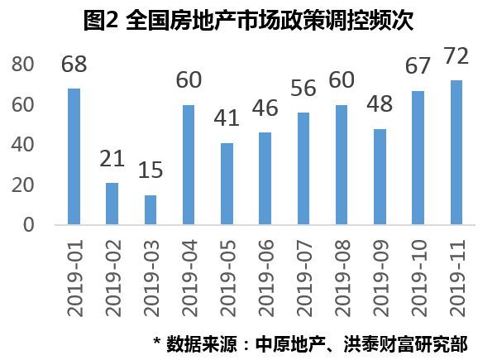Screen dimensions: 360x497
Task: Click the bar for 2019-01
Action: pos(74,156)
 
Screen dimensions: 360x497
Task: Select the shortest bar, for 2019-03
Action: pos(151,209)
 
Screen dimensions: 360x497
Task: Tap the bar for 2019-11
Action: pos(456,152)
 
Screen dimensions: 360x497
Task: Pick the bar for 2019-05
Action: pos(227,184)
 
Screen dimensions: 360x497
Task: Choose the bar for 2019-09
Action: pos(380,176)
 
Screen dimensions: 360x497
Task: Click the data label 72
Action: pos(456,56)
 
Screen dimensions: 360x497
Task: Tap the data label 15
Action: pos(151,171)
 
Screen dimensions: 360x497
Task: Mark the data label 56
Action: pos(303,89)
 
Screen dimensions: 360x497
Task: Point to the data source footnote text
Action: pos(322,342)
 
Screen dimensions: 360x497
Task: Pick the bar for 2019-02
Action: pos(112,204)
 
